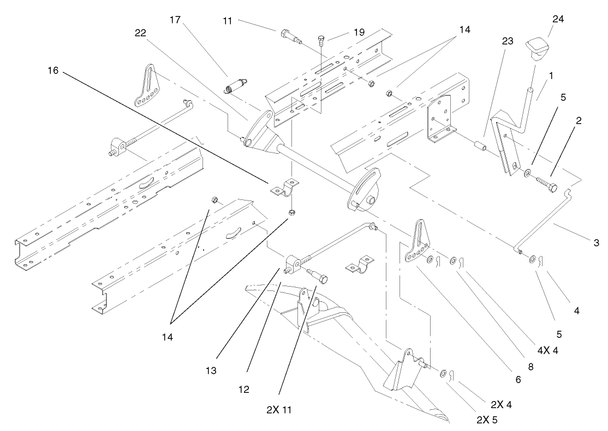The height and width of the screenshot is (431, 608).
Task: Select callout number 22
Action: click(141, 33)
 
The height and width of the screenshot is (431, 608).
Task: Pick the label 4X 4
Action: click(549, 350)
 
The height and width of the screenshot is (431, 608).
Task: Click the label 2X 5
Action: click(487, 420)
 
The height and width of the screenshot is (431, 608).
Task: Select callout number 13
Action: click(211, 371)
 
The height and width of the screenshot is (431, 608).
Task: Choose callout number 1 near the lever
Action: click(551, 77)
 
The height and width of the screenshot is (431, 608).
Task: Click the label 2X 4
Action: click(500, 404)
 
